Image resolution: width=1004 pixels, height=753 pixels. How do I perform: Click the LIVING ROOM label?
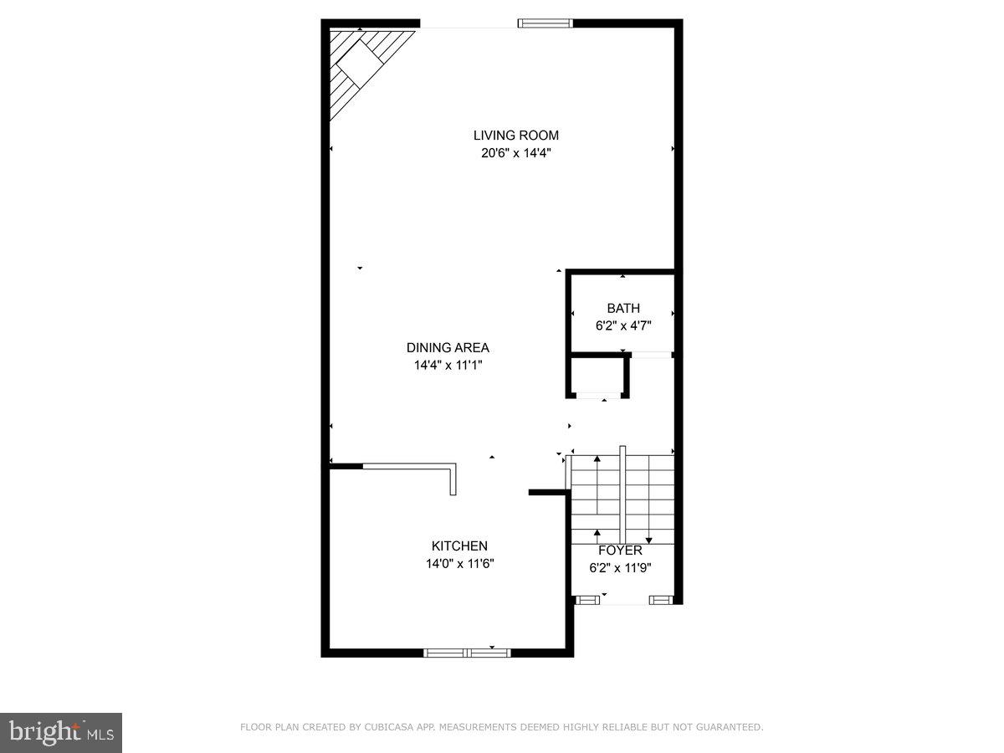515,136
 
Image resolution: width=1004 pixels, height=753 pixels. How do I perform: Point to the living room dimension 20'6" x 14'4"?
515,153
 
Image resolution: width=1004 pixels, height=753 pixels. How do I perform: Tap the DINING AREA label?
448,348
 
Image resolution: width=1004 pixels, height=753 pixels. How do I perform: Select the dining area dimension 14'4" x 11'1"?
448,365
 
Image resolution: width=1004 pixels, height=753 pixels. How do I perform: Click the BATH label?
623,309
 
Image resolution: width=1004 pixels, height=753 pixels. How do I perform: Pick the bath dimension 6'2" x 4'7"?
623,326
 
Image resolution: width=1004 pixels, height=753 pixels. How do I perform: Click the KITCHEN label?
459,546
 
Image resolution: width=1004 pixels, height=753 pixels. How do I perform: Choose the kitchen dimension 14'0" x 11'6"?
459,564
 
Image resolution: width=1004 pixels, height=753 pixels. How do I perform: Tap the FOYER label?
620,551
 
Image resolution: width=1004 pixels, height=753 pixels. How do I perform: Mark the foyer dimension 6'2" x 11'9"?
620,567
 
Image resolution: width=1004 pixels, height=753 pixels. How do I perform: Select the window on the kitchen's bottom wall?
467,652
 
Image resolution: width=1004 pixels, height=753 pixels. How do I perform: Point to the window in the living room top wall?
546,23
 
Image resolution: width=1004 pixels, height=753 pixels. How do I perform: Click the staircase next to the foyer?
622,498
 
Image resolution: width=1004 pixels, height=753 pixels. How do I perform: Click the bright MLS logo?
61,732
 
